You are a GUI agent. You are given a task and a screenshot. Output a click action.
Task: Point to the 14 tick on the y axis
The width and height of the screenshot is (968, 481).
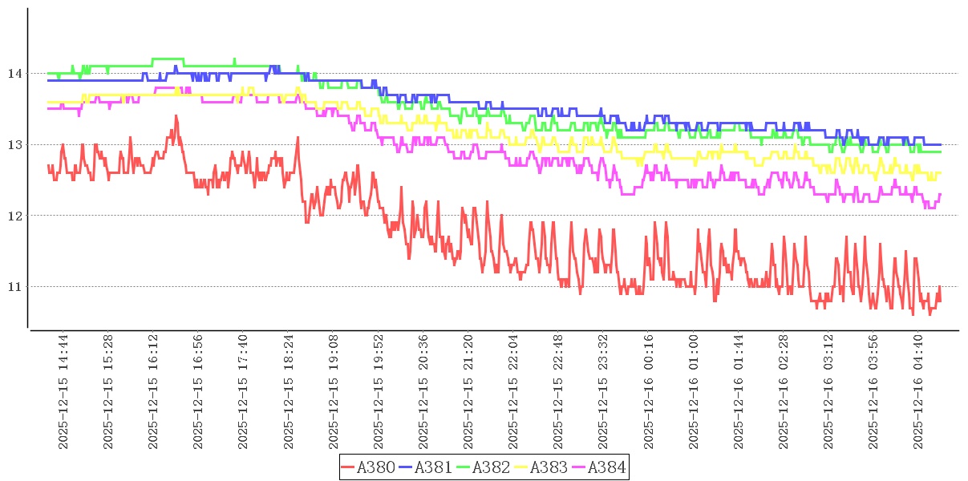pyautogui.click(x=14, y=74)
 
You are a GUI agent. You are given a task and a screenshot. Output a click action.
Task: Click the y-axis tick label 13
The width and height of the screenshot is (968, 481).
pyautogui.click(x=14, y=145)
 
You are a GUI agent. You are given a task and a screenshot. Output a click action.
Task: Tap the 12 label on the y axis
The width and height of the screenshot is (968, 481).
pyautogui.click(x=14, y=216)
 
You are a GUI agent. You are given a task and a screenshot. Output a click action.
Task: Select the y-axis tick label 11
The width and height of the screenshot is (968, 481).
pyautogui.click(x=14, y=287)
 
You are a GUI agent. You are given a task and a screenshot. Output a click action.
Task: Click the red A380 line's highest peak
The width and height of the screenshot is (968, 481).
pyautogui.click(x=176, y=116)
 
